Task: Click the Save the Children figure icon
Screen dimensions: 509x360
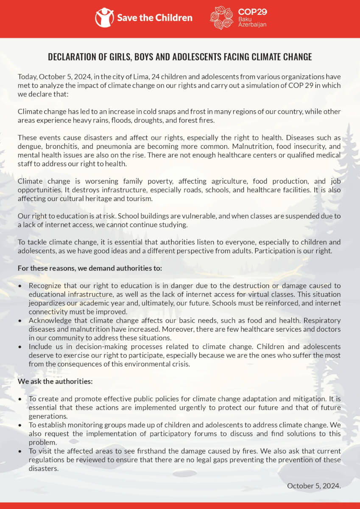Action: tap(104, 17)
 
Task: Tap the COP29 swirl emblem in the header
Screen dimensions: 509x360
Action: tap(221, 18)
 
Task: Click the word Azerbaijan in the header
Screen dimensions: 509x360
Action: tap(252, 25)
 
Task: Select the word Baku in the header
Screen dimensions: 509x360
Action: tap(245, 19)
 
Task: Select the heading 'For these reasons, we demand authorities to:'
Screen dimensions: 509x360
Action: tap(90, 268)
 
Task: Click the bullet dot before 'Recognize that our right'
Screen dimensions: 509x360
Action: tap(20, 286)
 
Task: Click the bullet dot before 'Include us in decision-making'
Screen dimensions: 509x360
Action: tap(20, 347)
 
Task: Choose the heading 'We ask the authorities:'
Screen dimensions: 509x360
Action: tap(55, 381)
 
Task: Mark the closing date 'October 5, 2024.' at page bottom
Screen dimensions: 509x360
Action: tap(314, 486)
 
